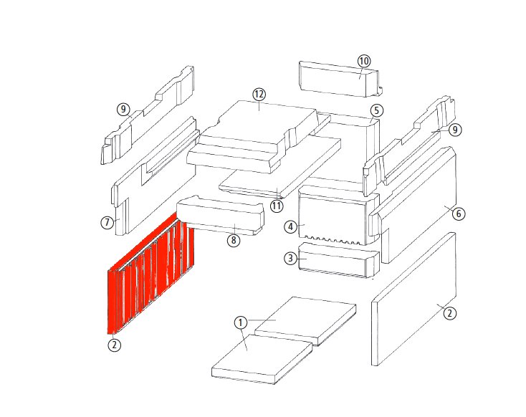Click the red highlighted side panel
point(151,274)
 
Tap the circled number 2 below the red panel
point(115,345)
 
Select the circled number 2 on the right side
point(450,313)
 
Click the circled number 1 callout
point(240,322)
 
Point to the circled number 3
point(290,259)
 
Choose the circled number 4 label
point(290,227)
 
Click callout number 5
point(377,110)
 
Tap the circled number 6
point(459,214)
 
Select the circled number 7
point(107,222)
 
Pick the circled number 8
point(234,240)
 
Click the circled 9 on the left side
point(123,110)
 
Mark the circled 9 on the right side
point(455,130)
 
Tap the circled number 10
point(364,62)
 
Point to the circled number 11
point(277,206)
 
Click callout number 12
point(259,95)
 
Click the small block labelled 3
point(339,260)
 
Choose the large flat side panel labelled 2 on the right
point(414,299)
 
